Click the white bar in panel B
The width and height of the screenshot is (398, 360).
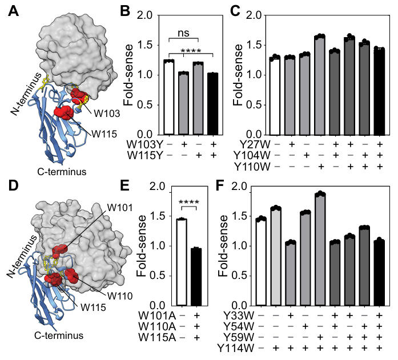168,97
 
